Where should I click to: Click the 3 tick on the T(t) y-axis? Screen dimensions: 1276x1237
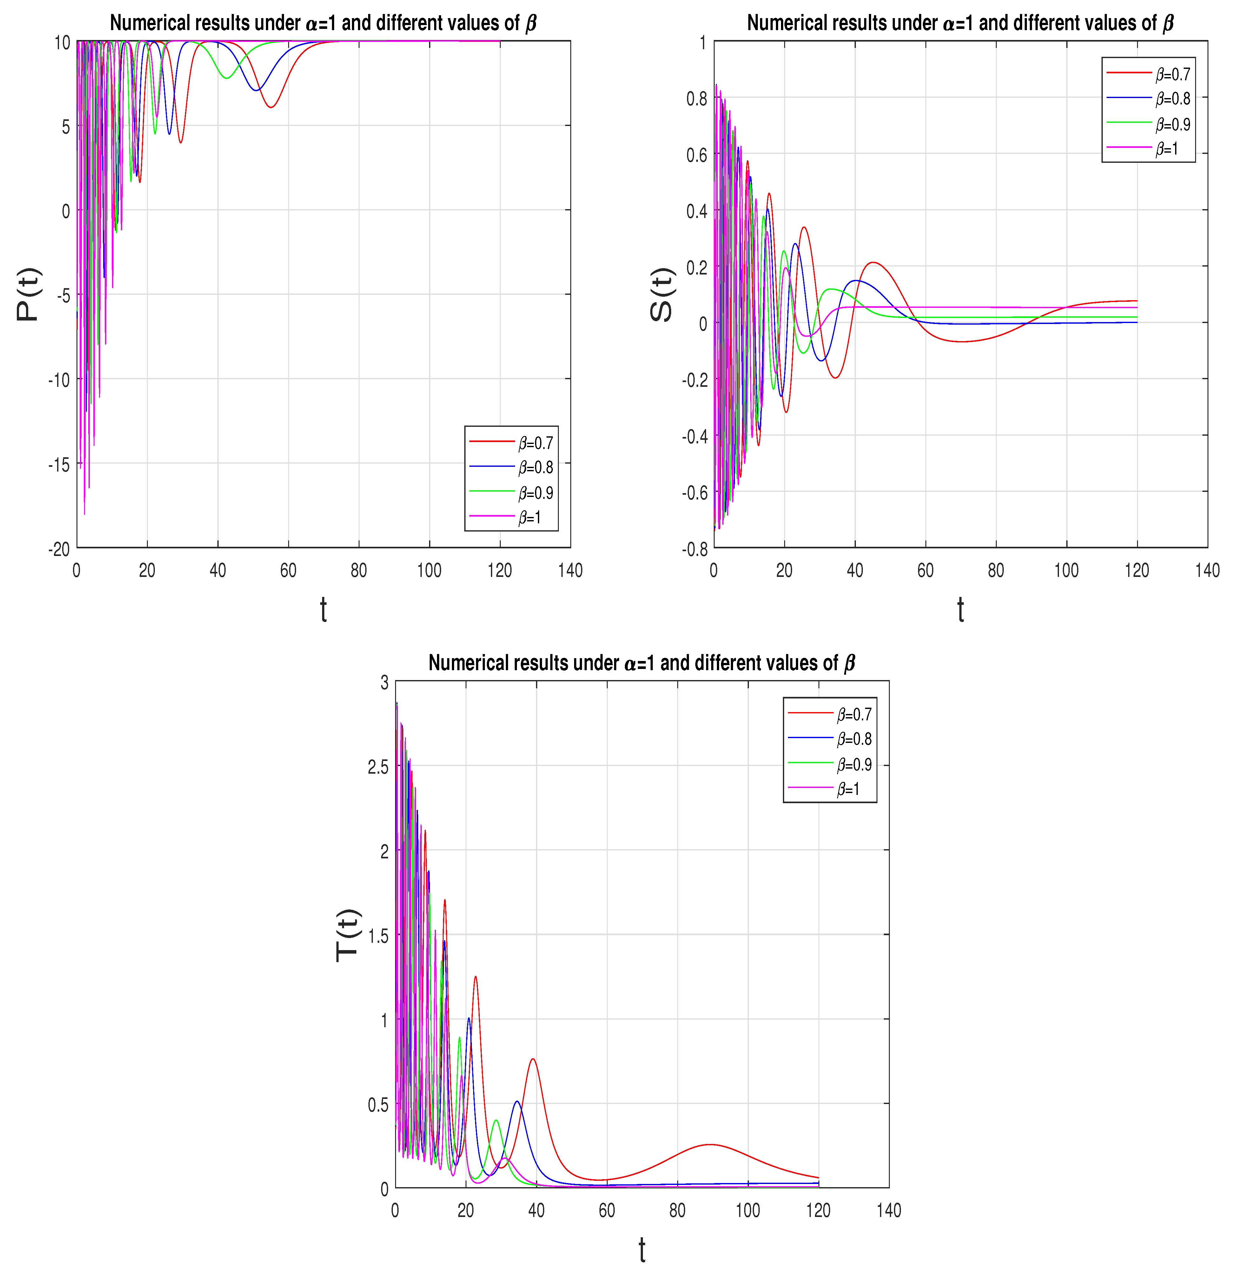tap(384, 682)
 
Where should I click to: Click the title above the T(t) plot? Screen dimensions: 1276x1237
tap(641, 663)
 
